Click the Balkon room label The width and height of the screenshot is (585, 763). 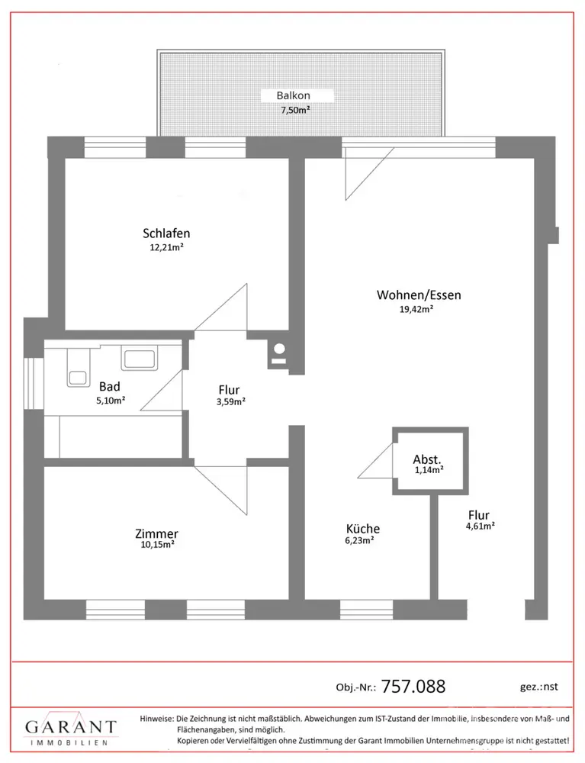293,96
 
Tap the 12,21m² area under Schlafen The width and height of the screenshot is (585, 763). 166,247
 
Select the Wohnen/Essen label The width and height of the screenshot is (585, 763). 419,295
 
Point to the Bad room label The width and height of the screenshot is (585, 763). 109,387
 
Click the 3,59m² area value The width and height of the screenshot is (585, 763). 231,402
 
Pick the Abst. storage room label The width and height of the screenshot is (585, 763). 427,459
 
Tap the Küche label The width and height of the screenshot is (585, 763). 363,529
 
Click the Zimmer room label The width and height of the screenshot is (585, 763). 156,534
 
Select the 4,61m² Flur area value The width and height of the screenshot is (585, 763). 481,526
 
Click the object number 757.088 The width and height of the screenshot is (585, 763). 413,687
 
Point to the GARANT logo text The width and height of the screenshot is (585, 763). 71,727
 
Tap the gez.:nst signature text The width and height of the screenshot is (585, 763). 538,687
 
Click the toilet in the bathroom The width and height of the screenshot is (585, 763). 79,369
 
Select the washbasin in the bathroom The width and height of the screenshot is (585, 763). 140,359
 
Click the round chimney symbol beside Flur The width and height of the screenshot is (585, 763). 279,349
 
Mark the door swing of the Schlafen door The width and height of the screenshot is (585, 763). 220,307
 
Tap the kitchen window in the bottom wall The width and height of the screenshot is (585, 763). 366,609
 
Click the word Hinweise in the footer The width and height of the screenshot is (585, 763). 156,719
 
